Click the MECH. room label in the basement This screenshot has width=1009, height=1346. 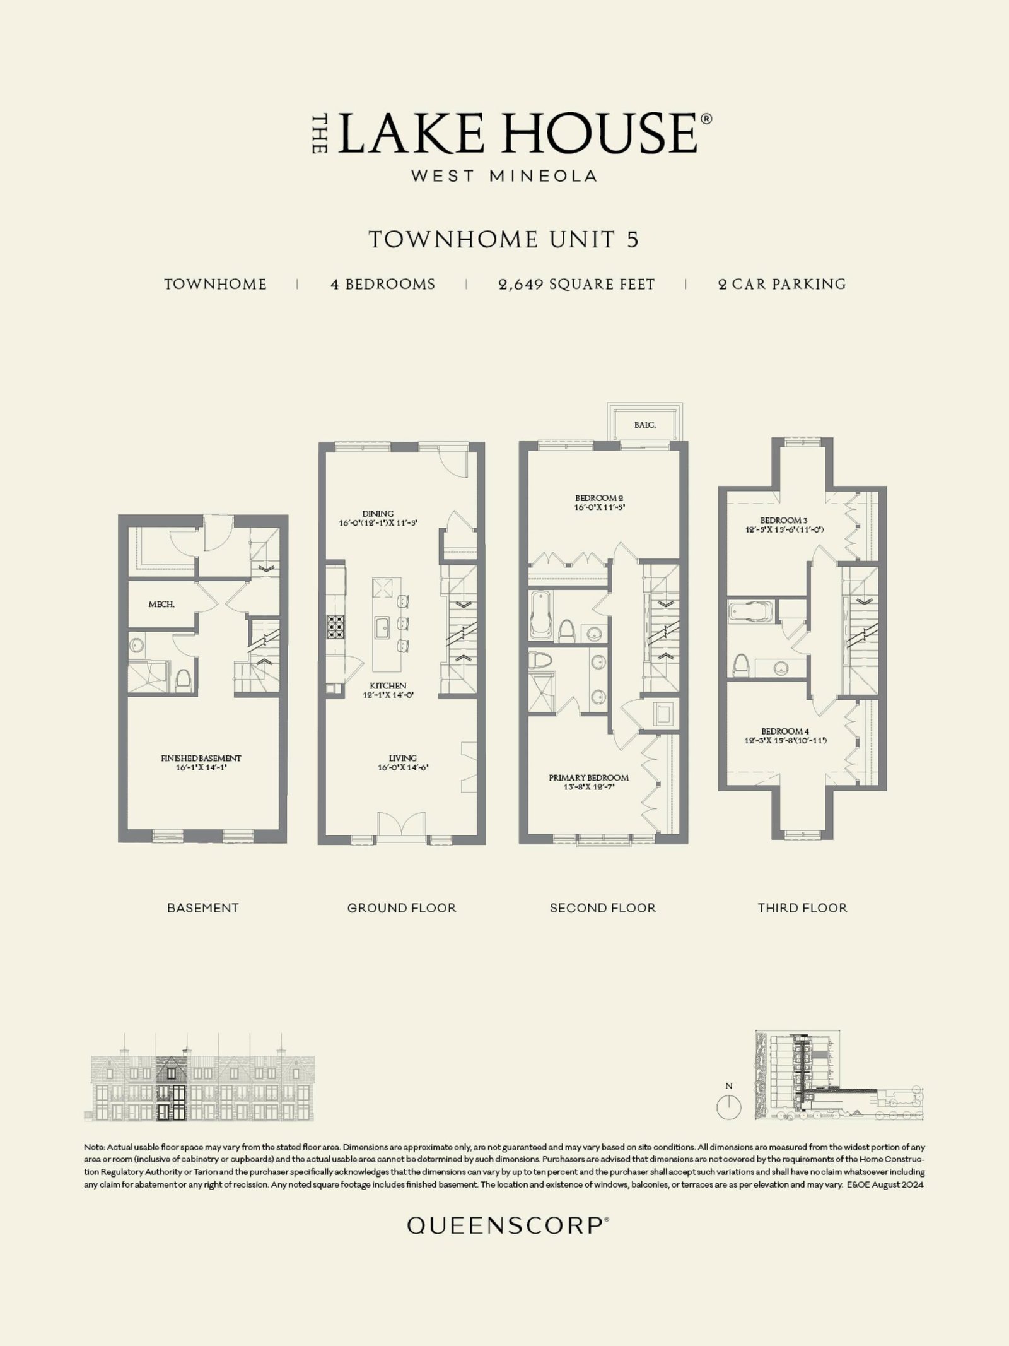(161, 605)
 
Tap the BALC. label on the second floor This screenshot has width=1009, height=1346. (644, 425)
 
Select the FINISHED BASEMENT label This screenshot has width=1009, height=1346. (201, 758)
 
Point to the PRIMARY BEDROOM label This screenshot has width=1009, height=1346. (588, 777)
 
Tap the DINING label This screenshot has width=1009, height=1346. (378, 514)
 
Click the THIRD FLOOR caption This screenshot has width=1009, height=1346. (802, 908)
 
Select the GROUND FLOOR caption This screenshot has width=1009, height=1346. (402, 908)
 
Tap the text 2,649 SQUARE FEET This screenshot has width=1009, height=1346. (576, 285)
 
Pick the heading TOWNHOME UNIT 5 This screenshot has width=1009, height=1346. (504, 240)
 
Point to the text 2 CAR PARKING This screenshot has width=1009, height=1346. (782, 285)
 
